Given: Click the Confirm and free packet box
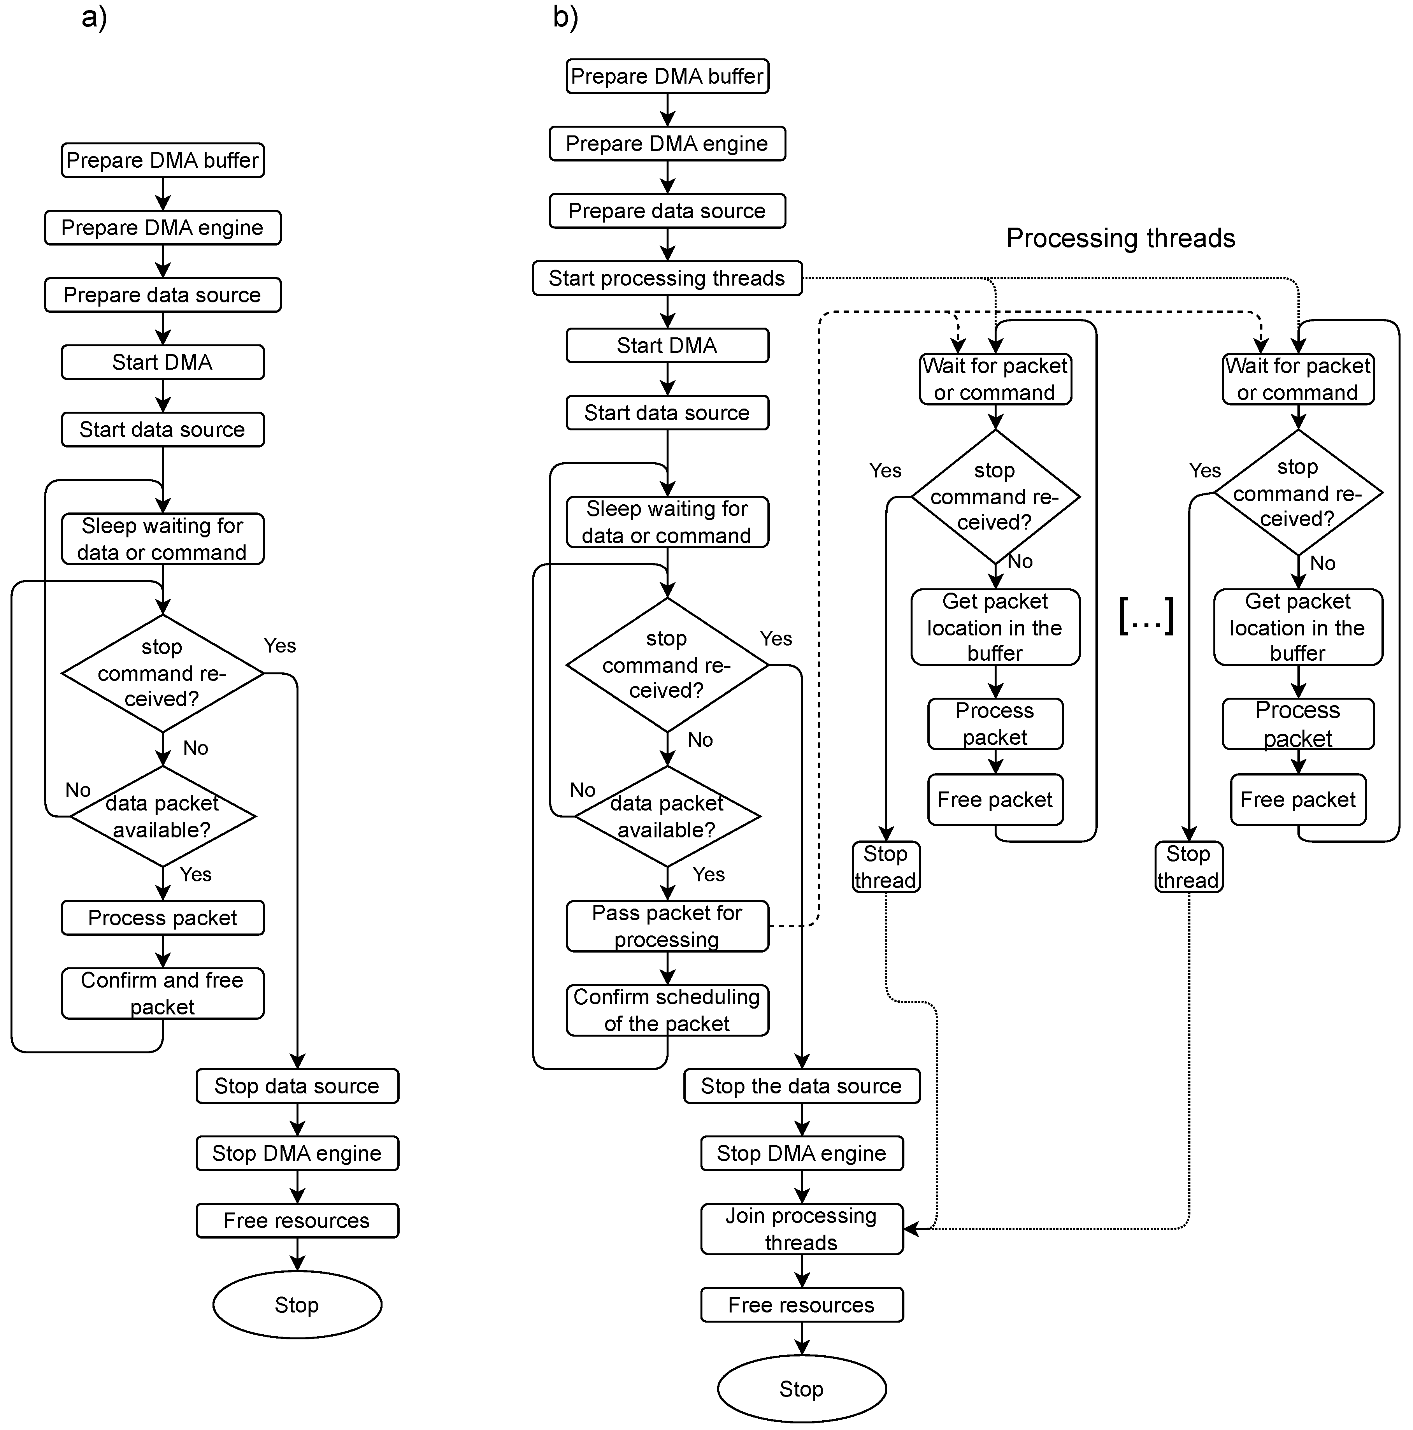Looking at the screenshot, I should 162,993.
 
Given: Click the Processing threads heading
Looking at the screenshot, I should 1120,238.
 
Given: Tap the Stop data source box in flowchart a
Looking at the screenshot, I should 297,1086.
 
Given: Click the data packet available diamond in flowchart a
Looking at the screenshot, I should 162,816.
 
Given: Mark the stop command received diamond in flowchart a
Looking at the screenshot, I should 162,673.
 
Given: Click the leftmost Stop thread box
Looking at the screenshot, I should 885,867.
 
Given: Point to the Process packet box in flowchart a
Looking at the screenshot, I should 162,918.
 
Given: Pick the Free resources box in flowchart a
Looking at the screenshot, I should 297,1221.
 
